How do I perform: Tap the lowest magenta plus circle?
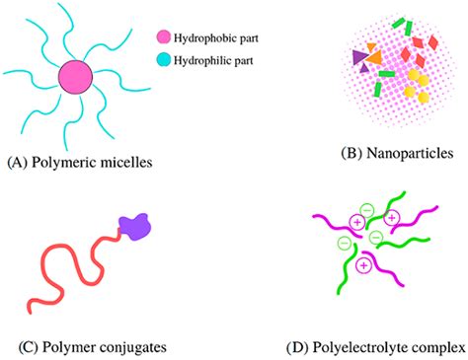(x=364, y=263)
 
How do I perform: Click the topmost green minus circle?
(x=367, y=210)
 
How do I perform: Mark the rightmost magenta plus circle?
(x=392, y=216)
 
